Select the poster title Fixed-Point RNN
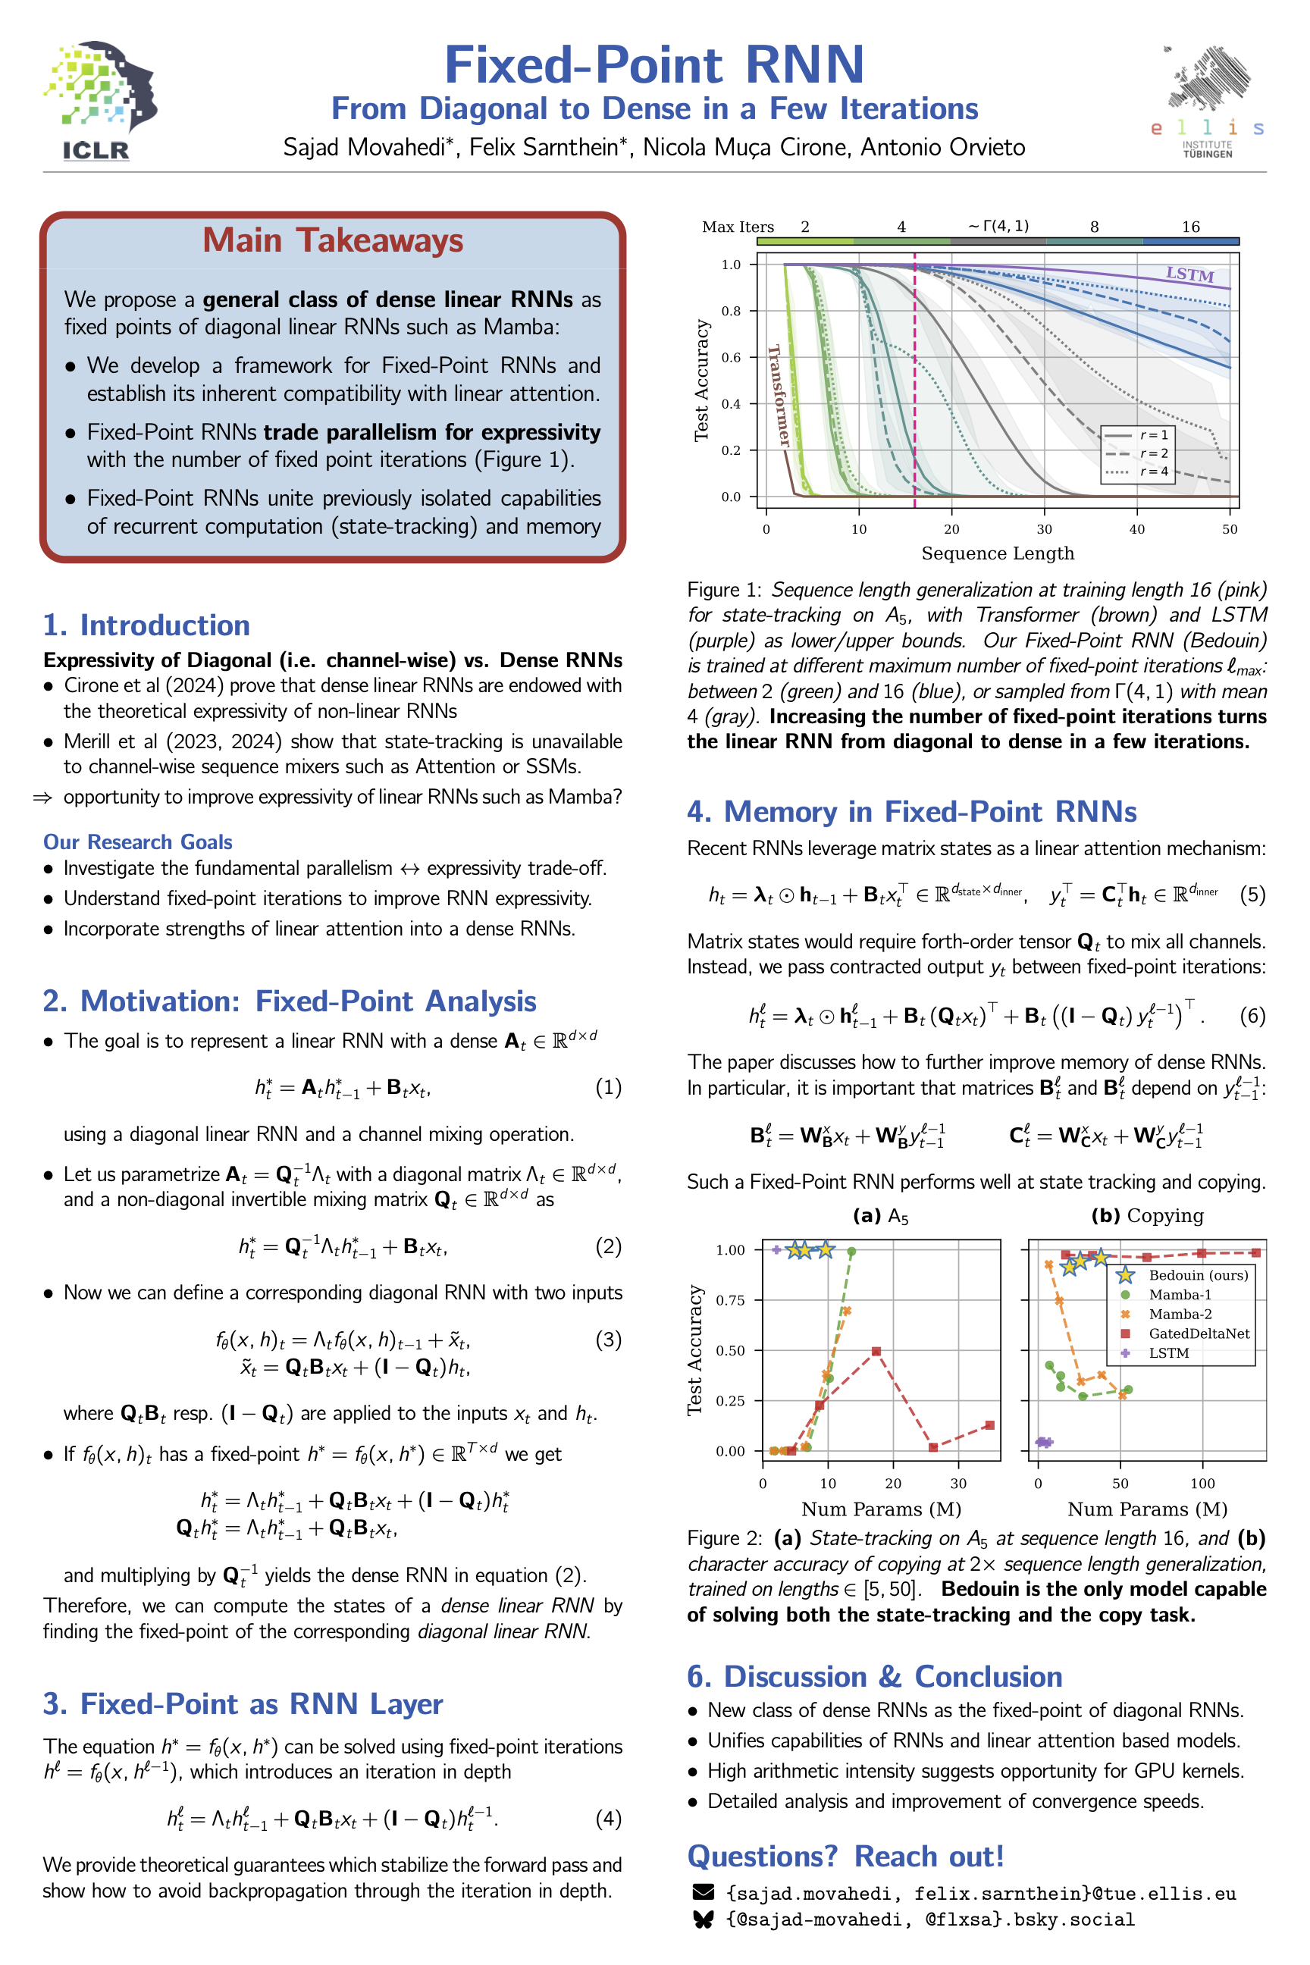[x=654, y=64]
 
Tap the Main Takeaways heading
[x=333, y=240]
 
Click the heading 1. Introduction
[x=147, y=625]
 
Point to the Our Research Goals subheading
[x=138, y=841]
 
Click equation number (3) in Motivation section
[x=607, y=1340]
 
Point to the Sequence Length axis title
[x=998, y=553]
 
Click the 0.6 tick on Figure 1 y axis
[x=731, y=358]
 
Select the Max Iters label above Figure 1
[x=738, y=227]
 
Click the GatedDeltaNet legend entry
[x=1198, y=1334]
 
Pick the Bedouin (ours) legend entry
[x=1197, y=1275]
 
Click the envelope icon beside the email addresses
[x=704, y=1891]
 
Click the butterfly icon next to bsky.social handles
[x=704, y=1919]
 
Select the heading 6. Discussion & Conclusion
[x=874, y=1676]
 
